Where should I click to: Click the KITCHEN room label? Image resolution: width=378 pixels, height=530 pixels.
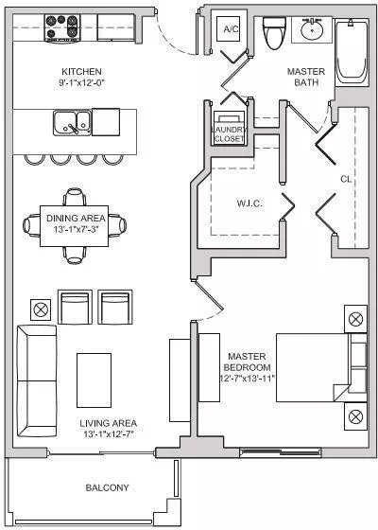pos(81,72)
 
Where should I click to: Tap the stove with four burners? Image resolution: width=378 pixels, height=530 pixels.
pos(62,28)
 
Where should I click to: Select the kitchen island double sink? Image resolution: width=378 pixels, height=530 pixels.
pos(72,123)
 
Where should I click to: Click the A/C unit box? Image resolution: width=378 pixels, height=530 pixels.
pos(231,28)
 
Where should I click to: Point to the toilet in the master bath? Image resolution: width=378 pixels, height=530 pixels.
pos(274,32)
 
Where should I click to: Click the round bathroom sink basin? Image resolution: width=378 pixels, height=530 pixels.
pos(312,30)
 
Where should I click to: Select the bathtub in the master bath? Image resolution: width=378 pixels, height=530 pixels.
pos(352,53)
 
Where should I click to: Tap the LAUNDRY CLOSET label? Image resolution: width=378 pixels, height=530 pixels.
pos(229,133)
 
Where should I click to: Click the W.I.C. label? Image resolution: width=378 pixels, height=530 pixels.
pos(249,203)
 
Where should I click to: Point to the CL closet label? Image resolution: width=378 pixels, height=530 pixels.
pos(346,179)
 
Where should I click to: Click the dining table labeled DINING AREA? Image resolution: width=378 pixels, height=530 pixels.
pos(75,226)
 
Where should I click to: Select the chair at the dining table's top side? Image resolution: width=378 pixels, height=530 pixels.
pos(75,197)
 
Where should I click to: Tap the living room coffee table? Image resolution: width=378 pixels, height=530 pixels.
pos(94,380)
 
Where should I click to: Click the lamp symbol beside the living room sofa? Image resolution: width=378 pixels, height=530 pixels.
pos(41,309)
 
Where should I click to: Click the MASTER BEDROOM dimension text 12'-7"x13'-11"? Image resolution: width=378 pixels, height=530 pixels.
pos(247,379)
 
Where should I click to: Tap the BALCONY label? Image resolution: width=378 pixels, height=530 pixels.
pos(107,487)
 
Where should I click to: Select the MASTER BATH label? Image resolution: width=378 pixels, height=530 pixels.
pos(306,77)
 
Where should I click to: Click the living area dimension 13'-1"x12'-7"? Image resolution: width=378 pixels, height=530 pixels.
pos(109,434)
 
